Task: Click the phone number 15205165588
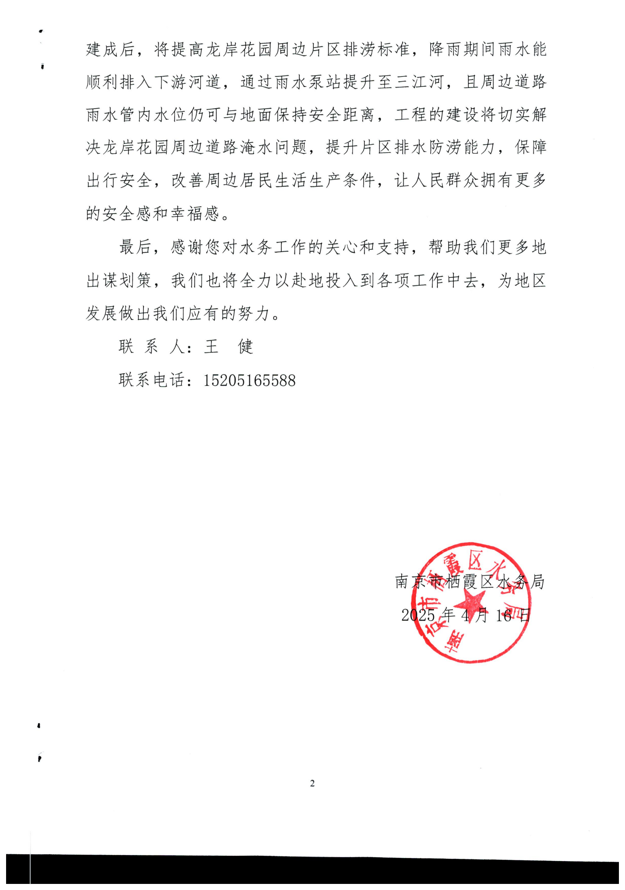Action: click(x=250, y=380)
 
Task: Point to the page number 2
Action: click(x=312, y=783)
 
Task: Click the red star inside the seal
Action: click(x=470, y=604)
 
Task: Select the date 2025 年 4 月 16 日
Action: click(x=465, y=615)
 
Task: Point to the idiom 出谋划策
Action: click(x=119, y=280)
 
